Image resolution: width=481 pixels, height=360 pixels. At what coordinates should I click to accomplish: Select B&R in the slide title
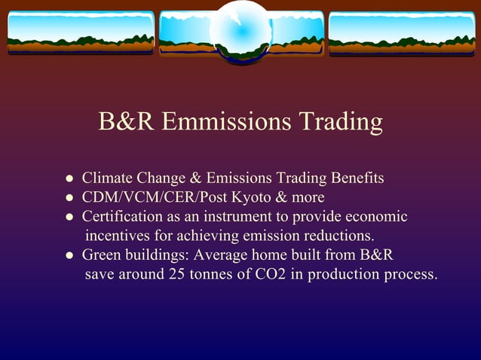pyautogui.click(x=126, y=121)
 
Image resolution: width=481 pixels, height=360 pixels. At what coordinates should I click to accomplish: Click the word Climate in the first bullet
pyautogui.click(x=107, y=178)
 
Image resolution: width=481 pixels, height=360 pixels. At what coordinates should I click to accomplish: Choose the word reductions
pyautogui.click(x=336, y=236)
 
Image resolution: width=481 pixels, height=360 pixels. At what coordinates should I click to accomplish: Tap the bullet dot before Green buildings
pyautogui.click(x=69, y=256)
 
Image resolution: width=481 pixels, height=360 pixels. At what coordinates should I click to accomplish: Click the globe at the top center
pyautogui.click(x=240, y=32)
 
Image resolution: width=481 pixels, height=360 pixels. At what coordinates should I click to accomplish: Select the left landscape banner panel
pyautogui.click(x=80, y=32)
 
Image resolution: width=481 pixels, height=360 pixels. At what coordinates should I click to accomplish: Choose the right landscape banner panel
pyautogui.click(x=402, y=32)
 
